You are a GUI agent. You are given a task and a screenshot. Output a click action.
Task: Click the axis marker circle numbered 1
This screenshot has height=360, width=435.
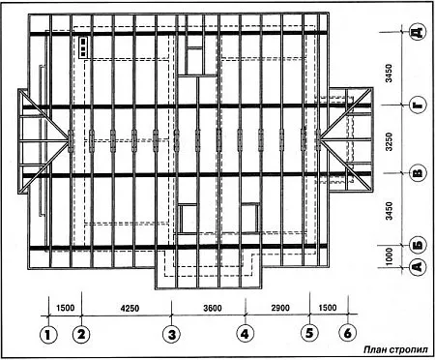tap(48, 335)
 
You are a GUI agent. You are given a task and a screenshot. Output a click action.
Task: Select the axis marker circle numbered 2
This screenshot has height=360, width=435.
tap(81, 334)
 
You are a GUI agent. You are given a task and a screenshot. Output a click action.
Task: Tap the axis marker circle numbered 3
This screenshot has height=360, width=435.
tap(172, 334)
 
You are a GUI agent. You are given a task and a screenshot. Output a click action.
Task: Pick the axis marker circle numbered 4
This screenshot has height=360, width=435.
tap(246, 334)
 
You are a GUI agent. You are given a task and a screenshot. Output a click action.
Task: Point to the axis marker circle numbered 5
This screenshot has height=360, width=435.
tap(309, 333)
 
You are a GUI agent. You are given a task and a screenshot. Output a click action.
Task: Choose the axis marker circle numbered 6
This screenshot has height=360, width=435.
tap(348, 333)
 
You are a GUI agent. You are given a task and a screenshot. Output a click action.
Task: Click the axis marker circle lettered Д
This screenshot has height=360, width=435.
tap(418, 32)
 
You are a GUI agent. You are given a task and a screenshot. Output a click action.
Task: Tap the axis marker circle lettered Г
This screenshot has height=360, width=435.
tap(418, 105)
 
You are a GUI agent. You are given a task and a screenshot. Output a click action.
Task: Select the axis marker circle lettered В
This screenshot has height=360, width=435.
tap(418, 173)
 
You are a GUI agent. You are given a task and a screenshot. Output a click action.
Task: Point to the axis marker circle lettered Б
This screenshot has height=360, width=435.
tap(418, 245)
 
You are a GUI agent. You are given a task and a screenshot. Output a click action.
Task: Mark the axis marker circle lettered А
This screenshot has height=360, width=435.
tap(418, 266)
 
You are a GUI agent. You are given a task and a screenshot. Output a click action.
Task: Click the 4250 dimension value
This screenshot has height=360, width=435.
tap(130, 308)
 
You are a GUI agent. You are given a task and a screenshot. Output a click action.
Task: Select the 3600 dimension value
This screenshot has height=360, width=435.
tap(213, 308)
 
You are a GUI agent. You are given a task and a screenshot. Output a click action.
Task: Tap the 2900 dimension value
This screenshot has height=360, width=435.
tap(280, 308)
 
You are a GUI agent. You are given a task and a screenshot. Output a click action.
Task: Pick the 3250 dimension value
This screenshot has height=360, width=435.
tap(390, 141)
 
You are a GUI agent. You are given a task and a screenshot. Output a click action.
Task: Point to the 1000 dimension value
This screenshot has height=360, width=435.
tap(390, 256)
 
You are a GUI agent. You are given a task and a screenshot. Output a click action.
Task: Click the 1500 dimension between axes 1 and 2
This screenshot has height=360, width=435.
tap(66, 308)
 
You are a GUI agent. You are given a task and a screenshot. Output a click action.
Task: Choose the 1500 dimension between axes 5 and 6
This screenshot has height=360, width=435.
tap(328, 308)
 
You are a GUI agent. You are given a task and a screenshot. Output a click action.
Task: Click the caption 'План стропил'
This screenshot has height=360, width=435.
tap(396, 349)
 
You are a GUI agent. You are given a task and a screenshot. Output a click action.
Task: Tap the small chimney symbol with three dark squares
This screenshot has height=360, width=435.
tap(83, 46)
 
